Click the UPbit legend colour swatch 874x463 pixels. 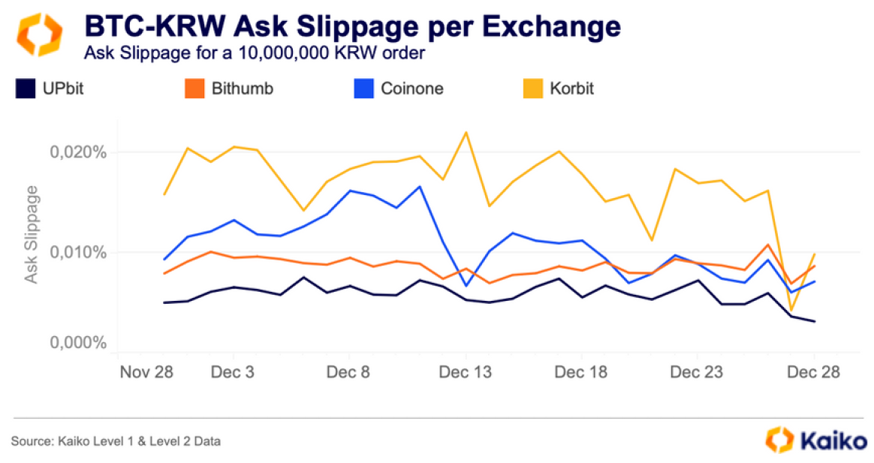(26, 89)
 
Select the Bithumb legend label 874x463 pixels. (242, 89)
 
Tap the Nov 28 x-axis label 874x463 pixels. (147, 372)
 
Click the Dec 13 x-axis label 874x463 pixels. (466, 372)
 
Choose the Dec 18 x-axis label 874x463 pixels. (581, 372)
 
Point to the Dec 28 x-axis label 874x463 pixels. (814, 372)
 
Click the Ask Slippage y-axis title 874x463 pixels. (32, 235)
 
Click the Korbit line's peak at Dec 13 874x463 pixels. (466, 133)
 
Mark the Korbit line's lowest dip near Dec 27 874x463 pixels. (791, 310)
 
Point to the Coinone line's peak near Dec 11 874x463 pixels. (420, 186)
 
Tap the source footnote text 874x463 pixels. (116, 441)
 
